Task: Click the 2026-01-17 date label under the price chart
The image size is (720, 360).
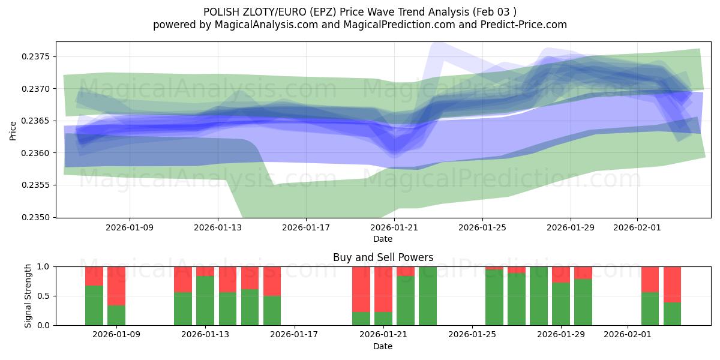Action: click(x=306, y=228)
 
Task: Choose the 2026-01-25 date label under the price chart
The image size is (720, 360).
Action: click(x=482, y=228)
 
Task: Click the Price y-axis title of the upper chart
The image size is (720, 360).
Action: click(x=13, y=130)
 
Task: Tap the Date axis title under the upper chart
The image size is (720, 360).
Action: click(x=382, y=239)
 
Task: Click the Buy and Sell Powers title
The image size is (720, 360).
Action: click(x=382, y=257)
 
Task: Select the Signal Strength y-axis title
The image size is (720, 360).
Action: click(x=28, y=296)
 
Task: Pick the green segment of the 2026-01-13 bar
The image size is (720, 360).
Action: click(x=205, y=300)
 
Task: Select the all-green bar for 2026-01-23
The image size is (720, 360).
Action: click(x=427, y=296)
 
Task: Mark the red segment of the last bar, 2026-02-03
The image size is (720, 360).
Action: click(x=672, y=284)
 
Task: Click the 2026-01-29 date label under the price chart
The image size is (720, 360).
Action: click(x=570, y=228)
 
